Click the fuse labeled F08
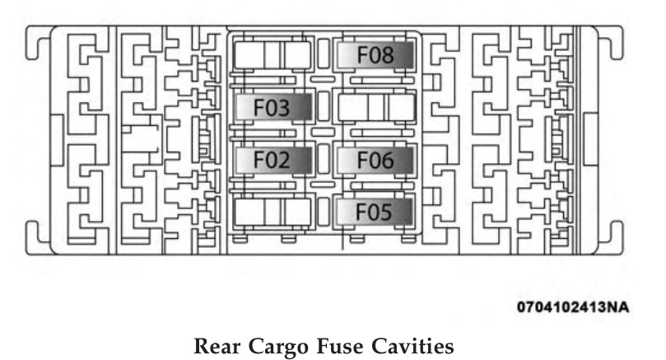click(x=375, y=55)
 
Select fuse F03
click(x=272, y=107)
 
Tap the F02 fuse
click(x=272, y=160)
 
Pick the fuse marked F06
click(x=375, y=160)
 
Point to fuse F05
click(x=375, y=213)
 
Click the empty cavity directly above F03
click(x=272, y=55)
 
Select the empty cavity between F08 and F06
click(x=375, y=107)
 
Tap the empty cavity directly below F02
click(x=272, y=213)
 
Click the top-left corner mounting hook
click(x=35, y=45)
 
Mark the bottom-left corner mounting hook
click(x=35, y=233)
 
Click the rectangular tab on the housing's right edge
click(x=591, y=137)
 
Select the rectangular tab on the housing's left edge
click(x=55, y=137)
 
